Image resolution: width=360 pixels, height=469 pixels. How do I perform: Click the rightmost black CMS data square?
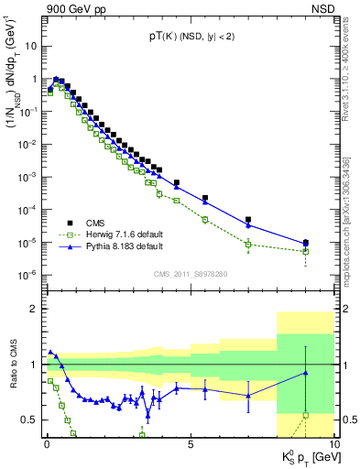[x=305, y=243]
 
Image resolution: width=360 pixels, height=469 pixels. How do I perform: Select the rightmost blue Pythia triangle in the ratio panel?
[x=305, y=373]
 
